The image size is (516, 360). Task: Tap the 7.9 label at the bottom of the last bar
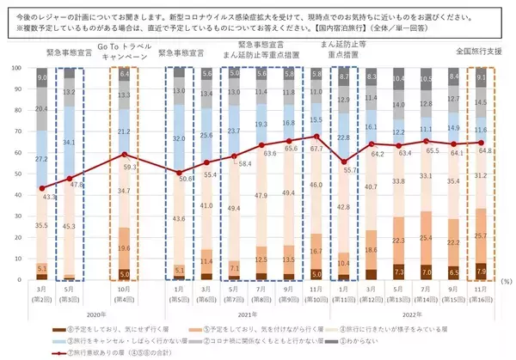(482, 273)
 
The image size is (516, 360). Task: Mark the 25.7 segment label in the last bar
(482, 236)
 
